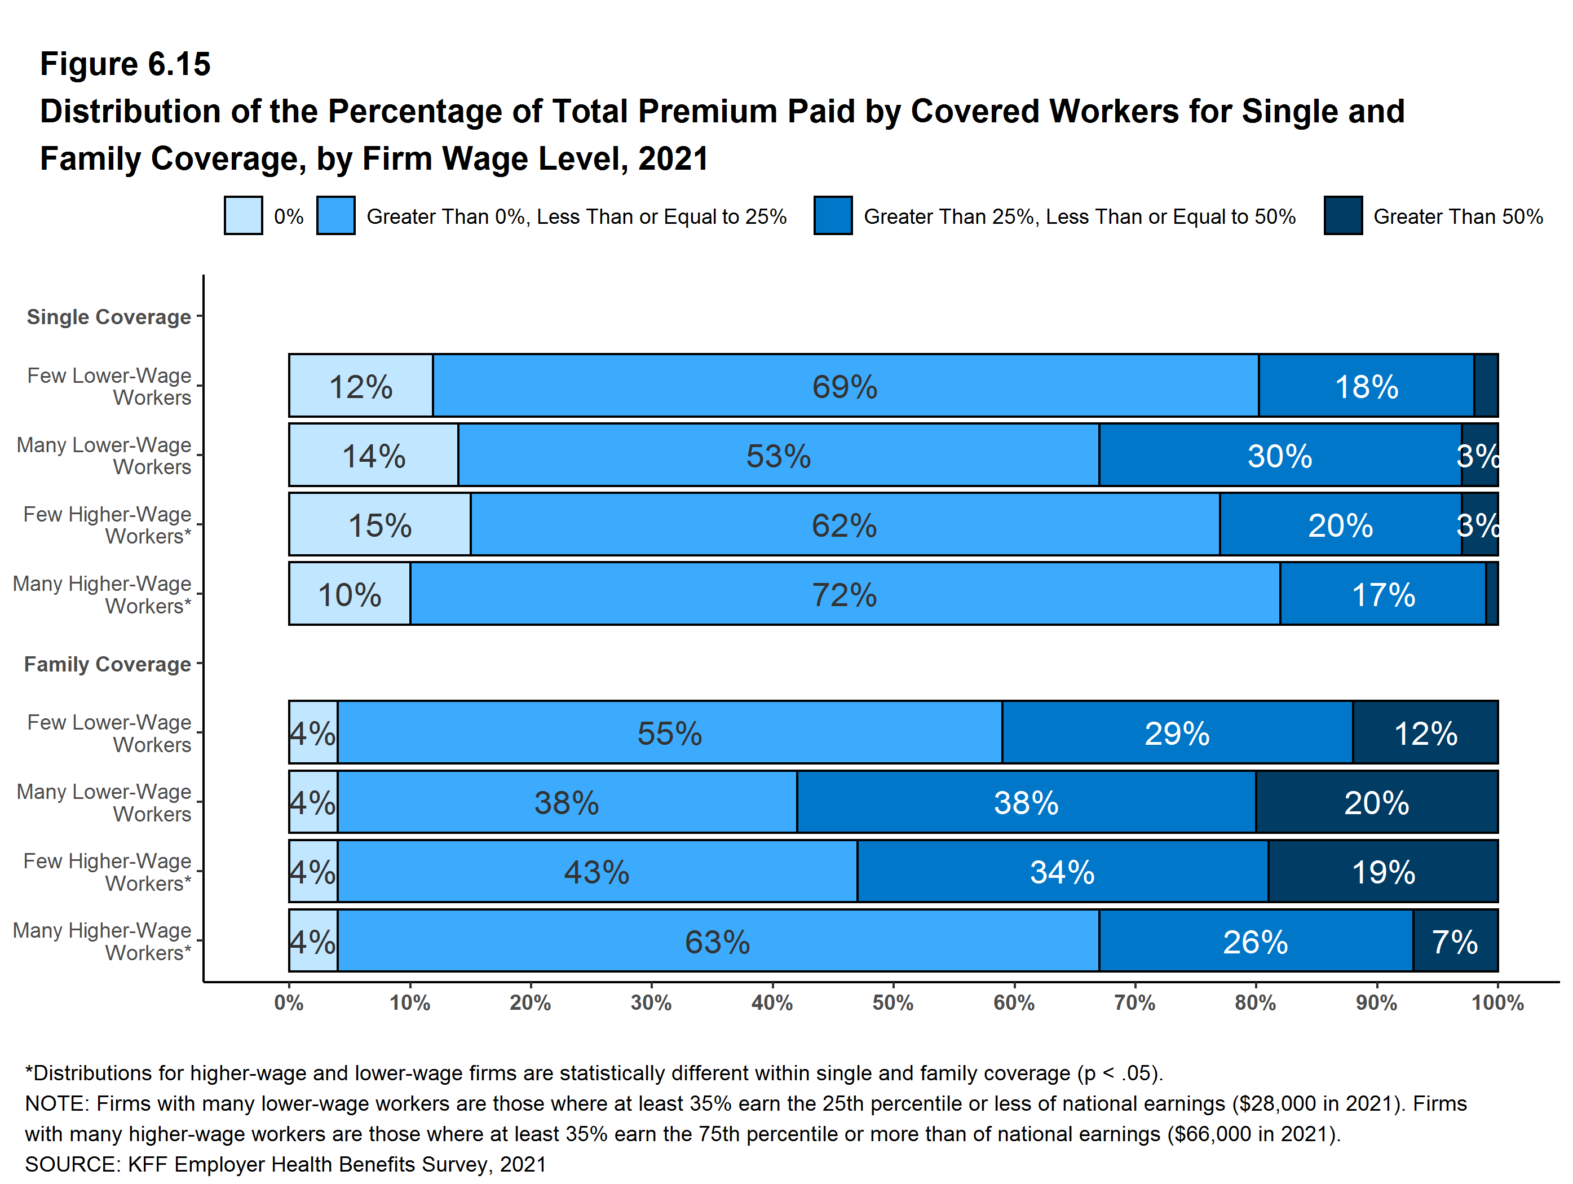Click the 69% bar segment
[x=846, y=386]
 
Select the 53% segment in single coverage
[x=779, y=455]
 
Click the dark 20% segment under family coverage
[x=1377, y=802]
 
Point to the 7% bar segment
[x=1456, y=941]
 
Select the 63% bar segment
[x=718, y=941]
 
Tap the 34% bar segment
[x=1062, y=872]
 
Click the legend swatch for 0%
[x=243, y=215]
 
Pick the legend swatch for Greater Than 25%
[x=833, y=215]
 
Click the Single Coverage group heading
[x=109, y=317]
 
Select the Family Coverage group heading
[x=107, y=664]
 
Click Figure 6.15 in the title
[x=125, y=64]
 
